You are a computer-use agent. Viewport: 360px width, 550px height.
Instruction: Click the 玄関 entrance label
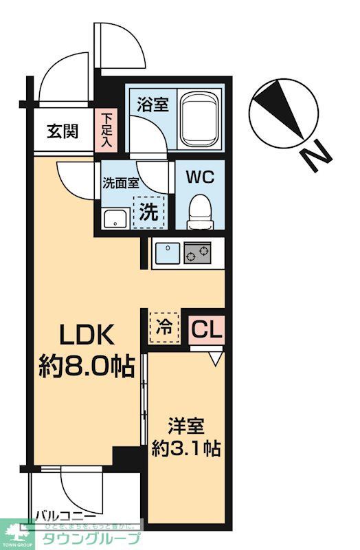click(63, 131)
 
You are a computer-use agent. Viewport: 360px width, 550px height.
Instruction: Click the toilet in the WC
click(200, 209)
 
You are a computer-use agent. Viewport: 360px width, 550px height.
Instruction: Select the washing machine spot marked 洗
click(150, 212)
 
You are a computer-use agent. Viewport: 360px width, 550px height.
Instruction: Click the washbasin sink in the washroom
click(115, 219)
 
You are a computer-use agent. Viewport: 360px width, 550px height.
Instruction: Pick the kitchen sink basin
click(166, 254)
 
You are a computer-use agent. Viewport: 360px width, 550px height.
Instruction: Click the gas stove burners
click(197, 254)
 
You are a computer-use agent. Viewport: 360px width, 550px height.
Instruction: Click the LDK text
click(84, 335)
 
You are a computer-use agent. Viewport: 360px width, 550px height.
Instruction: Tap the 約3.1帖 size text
click(185, 450)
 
